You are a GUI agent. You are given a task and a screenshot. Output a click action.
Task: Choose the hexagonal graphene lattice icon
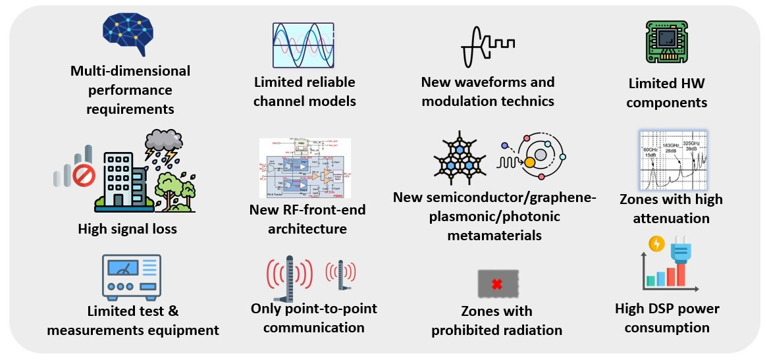click(461, 159)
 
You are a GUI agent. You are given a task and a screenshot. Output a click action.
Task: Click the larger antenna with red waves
click(289, 277)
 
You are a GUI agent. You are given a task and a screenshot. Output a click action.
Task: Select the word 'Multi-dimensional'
click(130, 70)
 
